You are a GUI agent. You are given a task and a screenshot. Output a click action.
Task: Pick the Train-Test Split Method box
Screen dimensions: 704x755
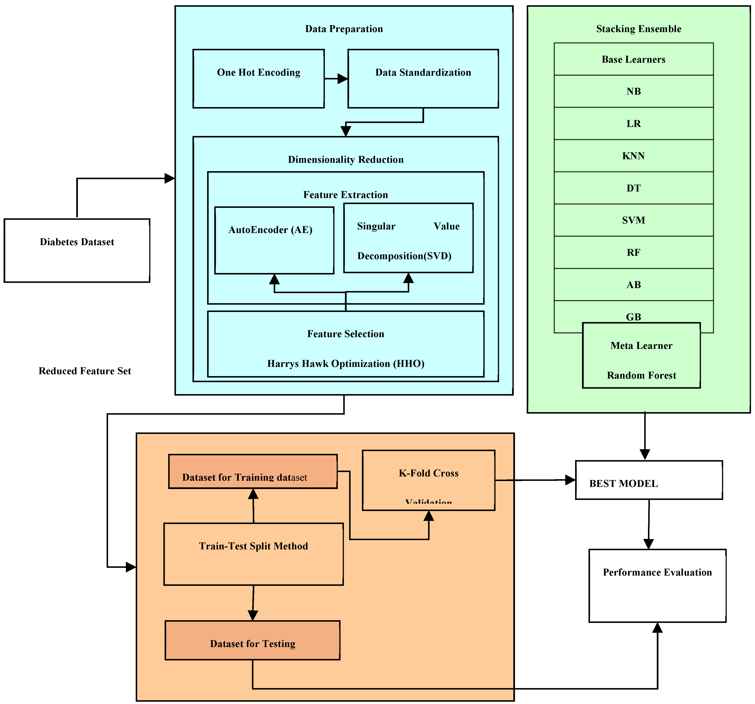tap(253, 554)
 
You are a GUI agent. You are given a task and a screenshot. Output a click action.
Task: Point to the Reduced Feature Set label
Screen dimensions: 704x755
tap(85, 371)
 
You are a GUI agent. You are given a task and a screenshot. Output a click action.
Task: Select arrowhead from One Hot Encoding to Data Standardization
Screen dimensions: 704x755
tap(343, 79)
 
